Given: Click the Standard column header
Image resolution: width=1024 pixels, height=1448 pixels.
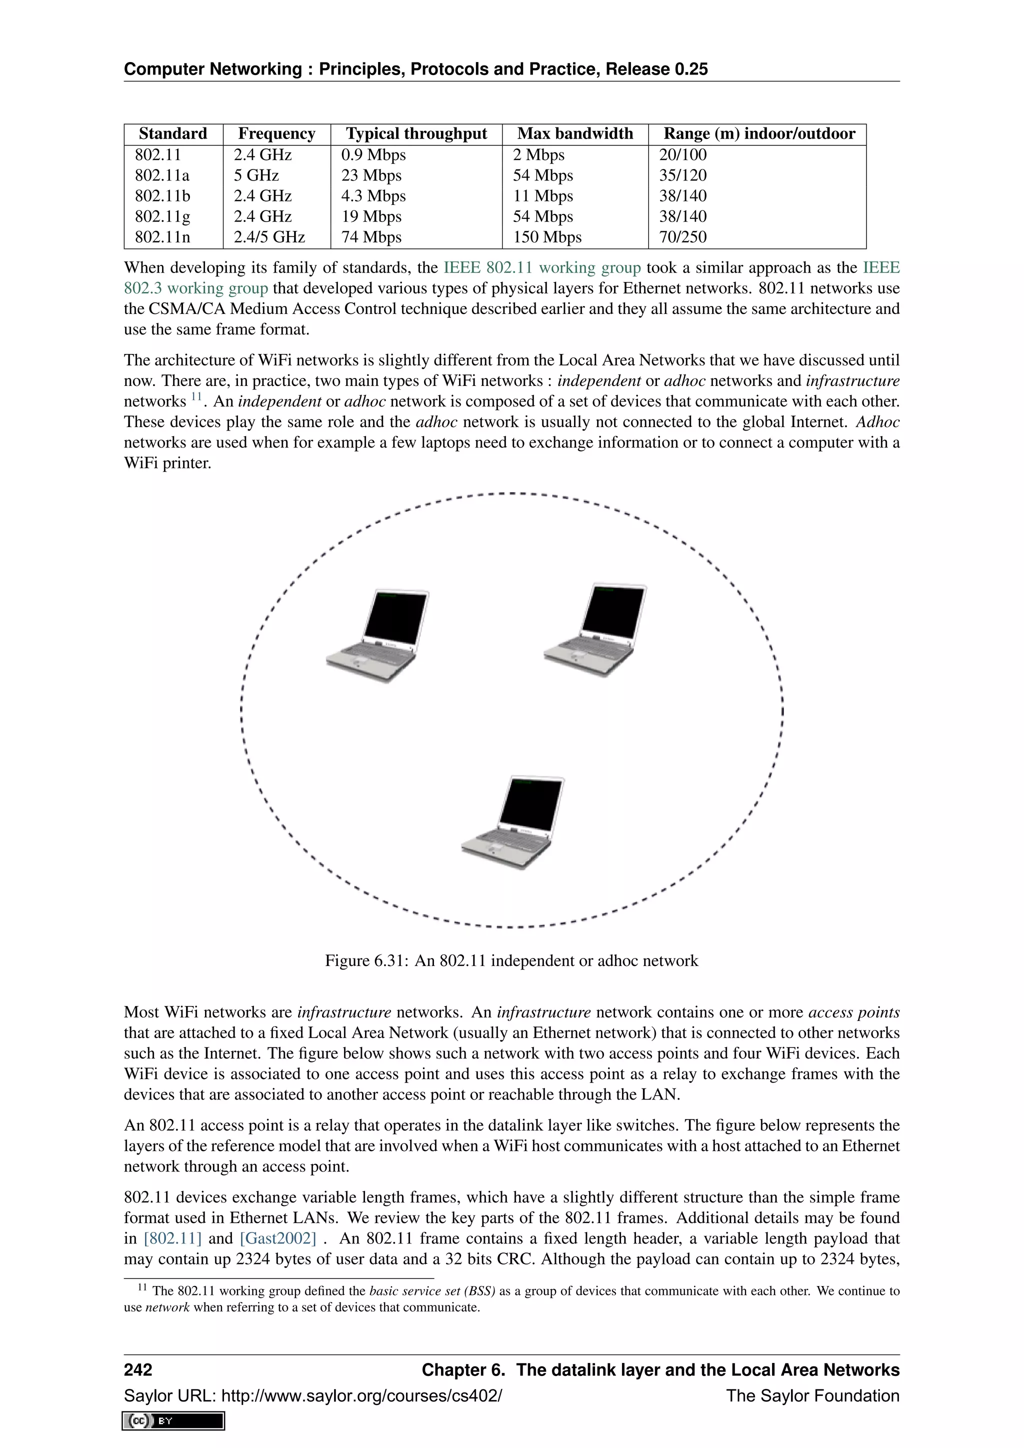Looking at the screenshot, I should tap(173, 133).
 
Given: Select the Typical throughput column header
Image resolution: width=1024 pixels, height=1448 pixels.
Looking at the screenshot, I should tap(416, 133).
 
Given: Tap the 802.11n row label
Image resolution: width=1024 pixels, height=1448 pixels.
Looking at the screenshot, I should tap(162, 237).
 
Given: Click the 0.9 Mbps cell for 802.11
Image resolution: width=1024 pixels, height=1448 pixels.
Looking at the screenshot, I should tap(373, 155).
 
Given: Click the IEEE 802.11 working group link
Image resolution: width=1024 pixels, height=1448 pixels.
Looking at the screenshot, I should tap(542, 268).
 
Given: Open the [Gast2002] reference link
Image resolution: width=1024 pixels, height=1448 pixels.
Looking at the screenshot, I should tap(277, 1238).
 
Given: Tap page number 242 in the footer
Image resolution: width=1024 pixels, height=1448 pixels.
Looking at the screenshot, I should tap(138, 1370).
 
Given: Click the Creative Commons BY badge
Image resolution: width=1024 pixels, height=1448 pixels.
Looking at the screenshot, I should tap(174, 1421).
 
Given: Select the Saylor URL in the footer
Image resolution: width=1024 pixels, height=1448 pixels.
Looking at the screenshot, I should tap(313, 1395).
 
